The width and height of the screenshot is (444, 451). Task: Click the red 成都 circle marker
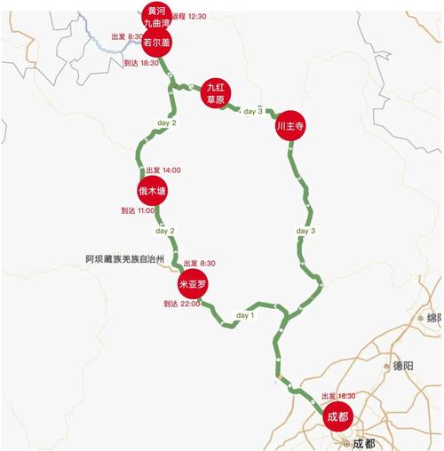[x=337, y=415]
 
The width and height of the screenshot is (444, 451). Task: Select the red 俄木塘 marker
[x=152, y=191]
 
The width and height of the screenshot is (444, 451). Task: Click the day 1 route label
[x=245, y=315]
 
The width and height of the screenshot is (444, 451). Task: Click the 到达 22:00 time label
[x=182, y=304]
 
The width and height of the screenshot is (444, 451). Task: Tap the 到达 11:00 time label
[x=137, y=210]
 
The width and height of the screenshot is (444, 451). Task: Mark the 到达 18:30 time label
[x=140, y=63]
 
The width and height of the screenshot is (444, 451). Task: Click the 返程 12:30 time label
[x=188, y=16]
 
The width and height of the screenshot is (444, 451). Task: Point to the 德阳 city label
[x=404, y=365]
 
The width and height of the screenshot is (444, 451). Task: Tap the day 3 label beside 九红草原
[x=253, y=111]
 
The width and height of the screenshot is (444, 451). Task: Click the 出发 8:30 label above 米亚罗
[x=199, y=264]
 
